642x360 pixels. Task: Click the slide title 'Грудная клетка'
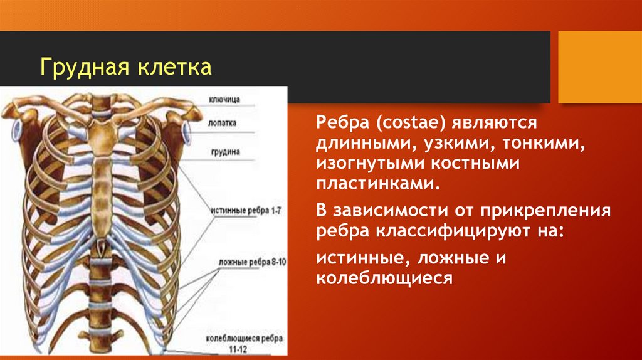(x=125, y=67)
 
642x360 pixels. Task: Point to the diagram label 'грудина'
(x=224, y=151)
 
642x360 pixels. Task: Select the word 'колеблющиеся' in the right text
(x=384, y=278)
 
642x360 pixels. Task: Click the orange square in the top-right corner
(x=599, y=66)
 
